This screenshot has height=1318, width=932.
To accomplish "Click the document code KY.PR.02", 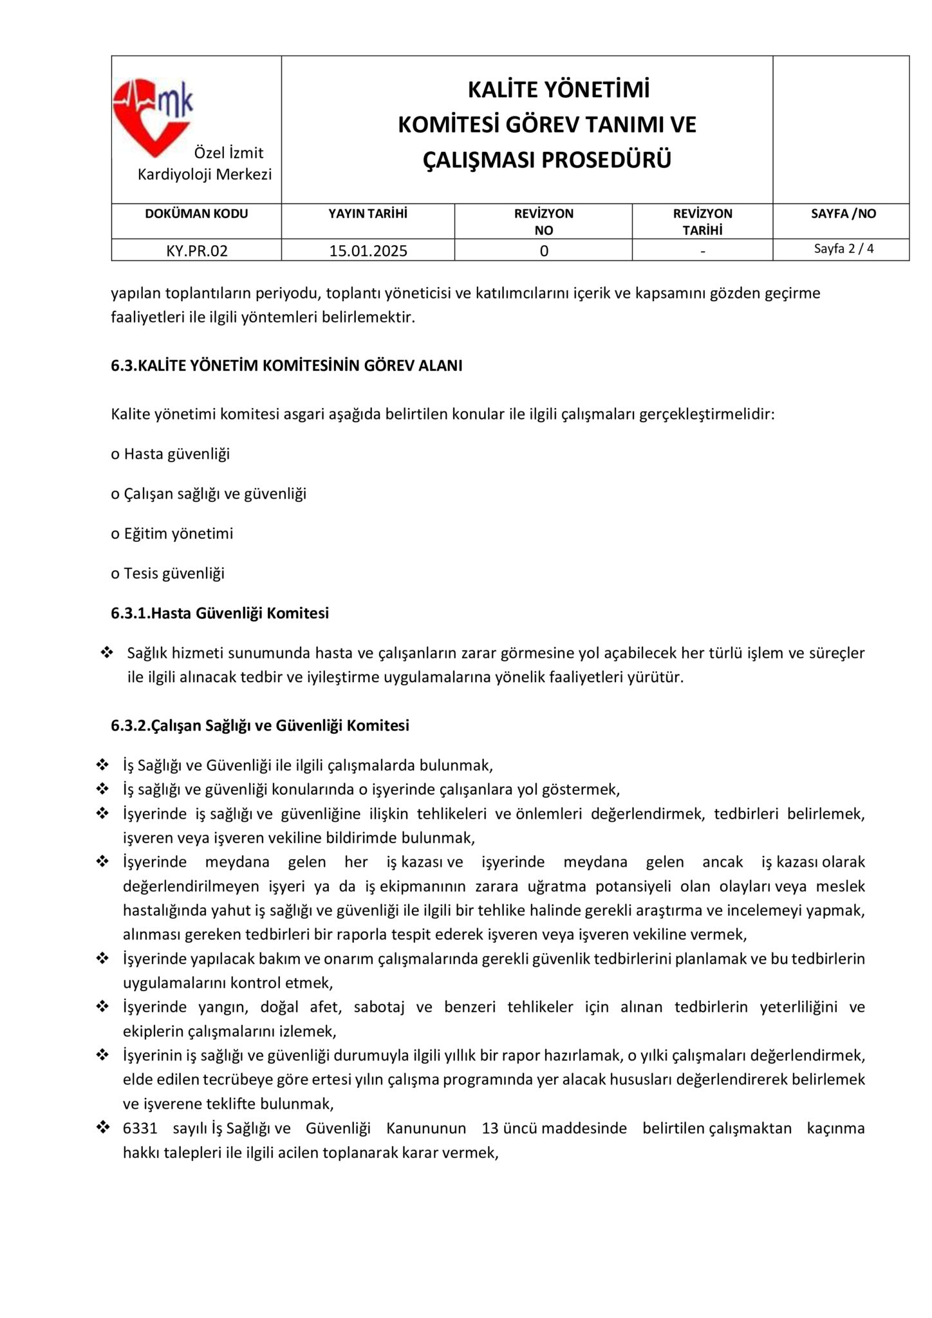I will (x=197, y=251).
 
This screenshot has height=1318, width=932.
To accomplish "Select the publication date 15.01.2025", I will (x=368, y=251).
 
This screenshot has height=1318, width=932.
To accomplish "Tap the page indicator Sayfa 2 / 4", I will (x=843, y=248).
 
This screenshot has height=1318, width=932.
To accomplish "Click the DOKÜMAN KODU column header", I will (x=196, y=214).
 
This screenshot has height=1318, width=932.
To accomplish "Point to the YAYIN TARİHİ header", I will (x=368, y=214).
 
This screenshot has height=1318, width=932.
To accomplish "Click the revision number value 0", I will (x=544, y=251).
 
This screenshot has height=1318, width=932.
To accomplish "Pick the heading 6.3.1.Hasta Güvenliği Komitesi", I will (x=219, y=613).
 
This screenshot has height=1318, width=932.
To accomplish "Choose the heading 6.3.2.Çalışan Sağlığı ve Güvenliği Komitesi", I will (x=260, y=725).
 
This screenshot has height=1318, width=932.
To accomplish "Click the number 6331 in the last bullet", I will (x=140, y=1128).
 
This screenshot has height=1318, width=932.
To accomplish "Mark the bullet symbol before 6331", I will (x=102, y=1128).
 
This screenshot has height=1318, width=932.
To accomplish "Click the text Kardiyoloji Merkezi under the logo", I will (x=205, y=174).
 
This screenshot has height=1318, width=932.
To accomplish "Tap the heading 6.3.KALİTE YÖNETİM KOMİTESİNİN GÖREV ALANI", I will (x=286, y=366).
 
